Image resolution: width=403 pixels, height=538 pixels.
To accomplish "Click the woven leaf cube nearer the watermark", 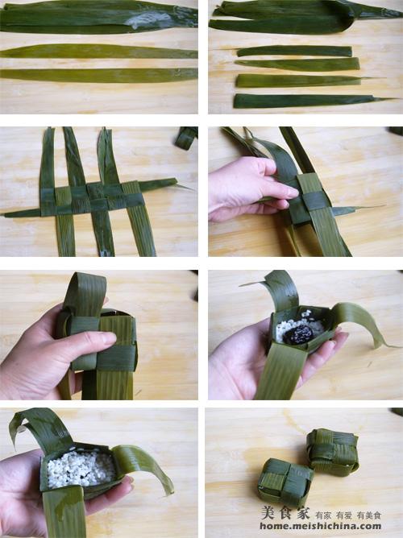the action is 287,478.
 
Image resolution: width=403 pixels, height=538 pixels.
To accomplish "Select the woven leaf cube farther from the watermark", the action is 332,452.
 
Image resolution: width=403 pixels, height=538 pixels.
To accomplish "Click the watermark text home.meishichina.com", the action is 320,527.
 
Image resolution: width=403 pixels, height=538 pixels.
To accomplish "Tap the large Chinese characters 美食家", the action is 285,512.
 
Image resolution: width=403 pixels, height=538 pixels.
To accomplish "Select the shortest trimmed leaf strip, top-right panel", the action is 294,52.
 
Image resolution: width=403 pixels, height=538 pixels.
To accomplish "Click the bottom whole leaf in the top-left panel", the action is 99,76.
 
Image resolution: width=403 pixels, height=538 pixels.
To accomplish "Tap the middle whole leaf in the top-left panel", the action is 99,52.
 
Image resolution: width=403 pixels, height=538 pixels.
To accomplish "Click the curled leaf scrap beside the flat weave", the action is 185,137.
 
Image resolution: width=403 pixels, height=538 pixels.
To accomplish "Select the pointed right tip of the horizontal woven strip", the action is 189,188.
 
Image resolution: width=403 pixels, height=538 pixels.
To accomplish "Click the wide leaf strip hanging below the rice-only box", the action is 64,511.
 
